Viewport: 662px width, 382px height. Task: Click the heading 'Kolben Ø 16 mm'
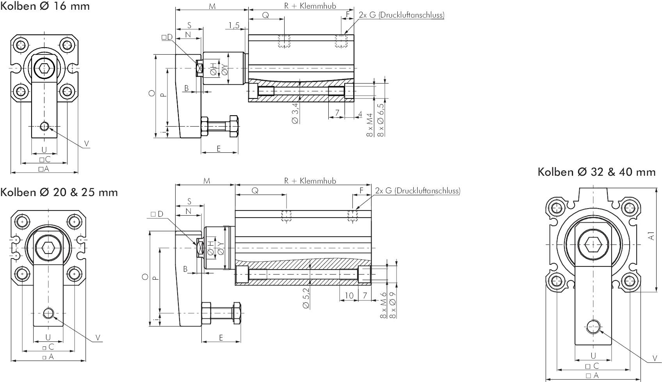[x=44, y=6]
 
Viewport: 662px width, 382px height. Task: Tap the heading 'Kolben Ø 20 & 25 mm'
[x=59, y=192]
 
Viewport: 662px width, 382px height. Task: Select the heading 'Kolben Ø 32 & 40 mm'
[x=596, y=172]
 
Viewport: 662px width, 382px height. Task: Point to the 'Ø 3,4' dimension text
[x=295, y=113]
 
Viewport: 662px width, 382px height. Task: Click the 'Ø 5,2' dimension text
[x=306, y=298]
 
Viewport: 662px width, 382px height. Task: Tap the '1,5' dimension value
[x=234, y=25]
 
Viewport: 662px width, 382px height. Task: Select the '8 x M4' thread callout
[x=370, y=125]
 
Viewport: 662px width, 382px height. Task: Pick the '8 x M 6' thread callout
[x=383, y=305]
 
